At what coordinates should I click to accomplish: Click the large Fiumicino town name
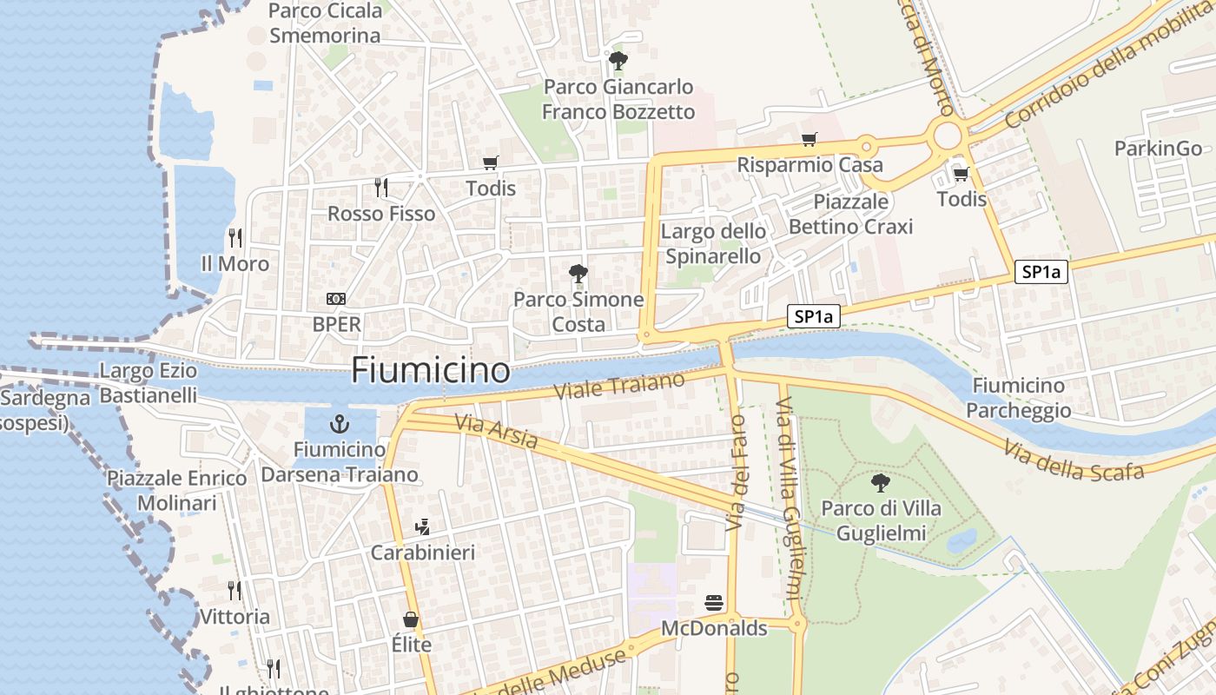coord(430,371)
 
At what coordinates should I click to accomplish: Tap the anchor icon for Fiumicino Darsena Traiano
coord(339,425)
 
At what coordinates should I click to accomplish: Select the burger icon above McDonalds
coord(714,603)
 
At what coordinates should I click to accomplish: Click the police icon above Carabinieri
coord(423,526)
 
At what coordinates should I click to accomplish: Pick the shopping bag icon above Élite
coord(411,619)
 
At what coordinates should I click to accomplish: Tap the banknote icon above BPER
coord(336,299)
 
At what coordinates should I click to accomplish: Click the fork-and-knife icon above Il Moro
coord(235,237)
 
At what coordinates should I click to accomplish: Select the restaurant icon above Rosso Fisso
coord(380,187)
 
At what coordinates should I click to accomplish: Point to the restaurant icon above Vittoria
coord(235,591)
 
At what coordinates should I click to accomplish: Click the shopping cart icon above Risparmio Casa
coord(810,139)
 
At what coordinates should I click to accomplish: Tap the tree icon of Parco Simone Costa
coord(578,275)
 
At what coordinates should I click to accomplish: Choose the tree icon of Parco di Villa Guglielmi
coord(881,482)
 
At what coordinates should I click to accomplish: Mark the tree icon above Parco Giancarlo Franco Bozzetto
coord(618,61)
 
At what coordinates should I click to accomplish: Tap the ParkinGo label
coord(1158,148)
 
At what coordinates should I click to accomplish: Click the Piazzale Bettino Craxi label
coord(850,215)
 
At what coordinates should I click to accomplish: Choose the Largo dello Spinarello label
coord(713,244)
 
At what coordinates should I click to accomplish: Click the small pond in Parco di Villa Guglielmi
coord(962,541)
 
